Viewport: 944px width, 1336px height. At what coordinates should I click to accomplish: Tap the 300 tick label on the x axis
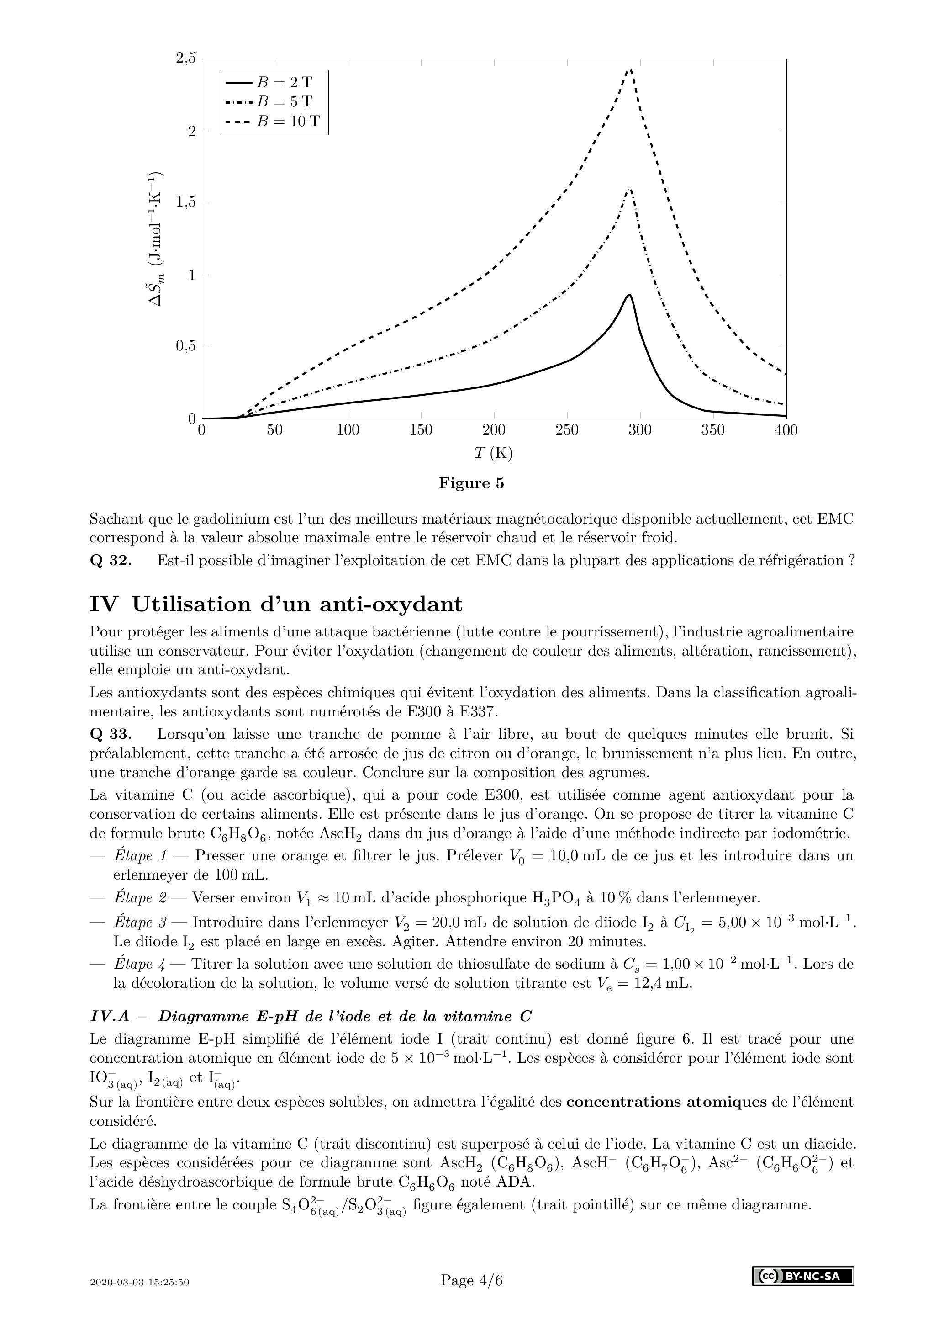point(640,430)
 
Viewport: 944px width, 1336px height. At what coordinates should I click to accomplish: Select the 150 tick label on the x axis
point(421,430)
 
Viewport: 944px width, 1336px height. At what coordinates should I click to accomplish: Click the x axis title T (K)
point(493,453)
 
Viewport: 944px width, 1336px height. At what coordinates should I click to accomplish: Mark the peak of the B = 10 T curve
point(630,70)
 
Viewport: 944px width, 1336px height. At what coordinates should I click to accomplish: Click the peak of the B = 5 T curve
point(629,189)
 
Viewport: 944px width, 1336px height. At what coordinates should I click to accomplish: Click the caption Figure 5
point(471,483)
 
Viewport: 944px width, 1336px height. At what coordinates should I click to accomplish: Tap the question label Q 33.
point(111,734)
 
